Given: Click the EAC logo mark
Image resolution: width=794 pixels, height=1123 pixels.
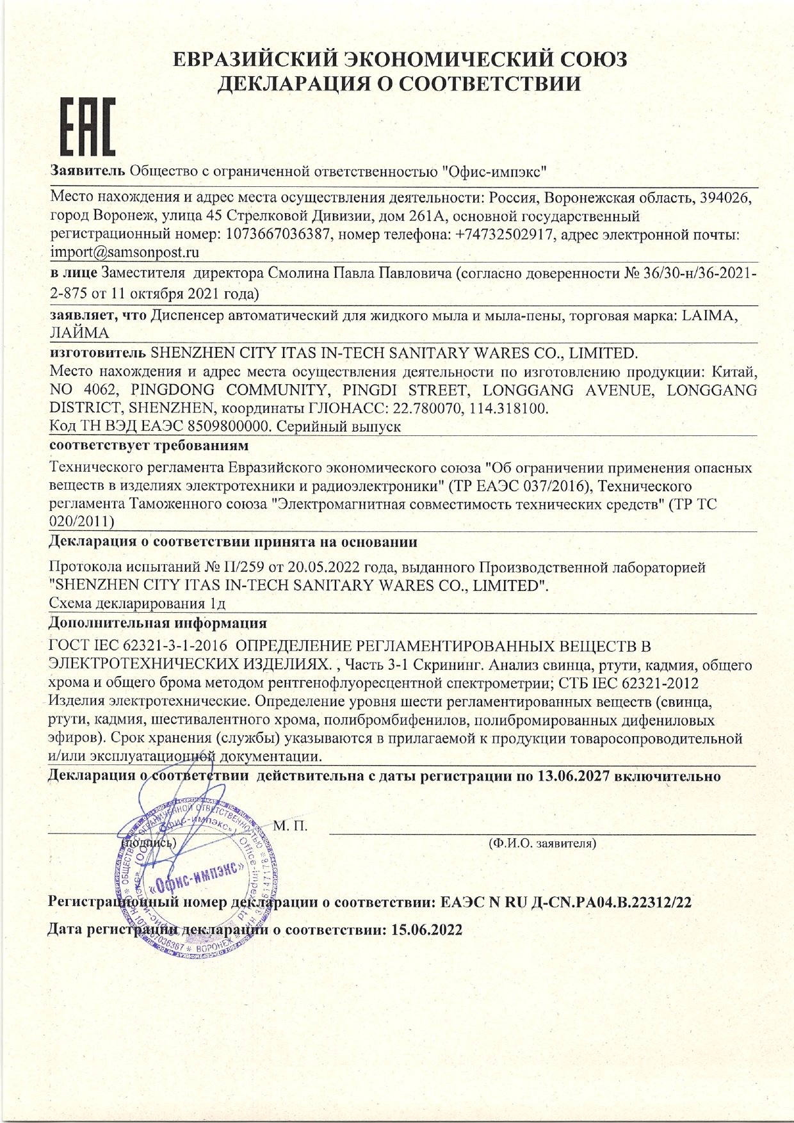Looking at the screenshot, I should point(88,127).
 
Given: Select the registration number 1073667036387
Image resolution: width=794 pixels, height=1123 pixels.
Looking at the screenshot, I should point(279,234).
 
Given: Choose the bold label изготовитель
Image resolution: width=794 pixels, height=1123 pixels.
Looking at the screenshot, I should point(97,353).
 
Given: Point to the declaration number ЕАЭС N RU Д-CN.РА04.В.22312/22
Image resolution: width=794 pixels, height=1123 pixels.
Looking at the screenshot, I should point(566,903).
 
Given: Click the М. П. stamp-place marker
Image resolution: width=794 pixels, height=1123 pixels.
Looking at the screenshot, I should point(290,826).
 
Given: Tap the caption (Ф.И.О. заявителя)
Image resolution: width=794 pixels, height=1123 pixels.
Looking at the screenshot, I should point(542,843).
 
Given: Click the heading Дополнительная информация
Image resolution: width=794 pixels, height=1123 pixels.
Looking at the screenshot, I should point(158,622).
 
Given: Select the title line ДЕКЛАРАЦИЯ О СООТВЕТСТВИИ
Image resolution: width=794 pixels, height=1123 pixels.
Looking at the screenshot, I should point(400,84).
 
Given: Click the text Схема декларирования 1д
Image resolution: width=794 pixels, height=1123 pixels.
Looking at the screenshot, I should point(137,604).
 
